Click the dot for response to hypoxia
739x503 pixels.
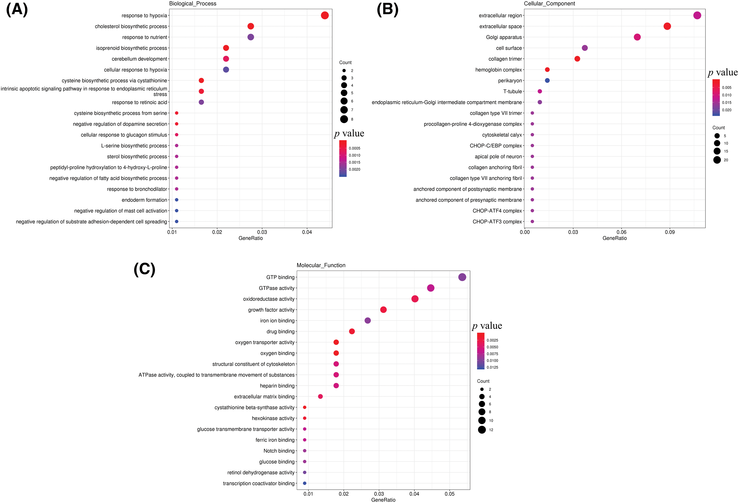(325, 15)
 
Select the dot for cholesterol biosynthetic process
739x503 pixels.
(251, 26)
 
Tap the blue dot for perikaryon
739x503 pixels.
(547, 80)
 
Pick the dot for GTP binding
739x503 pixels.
(462, 277)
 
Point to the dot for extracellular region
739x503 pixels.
(697, 15)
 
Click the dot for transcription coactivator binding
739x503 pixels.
(305, 483)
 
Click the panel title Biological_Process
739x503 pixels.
(193, 4)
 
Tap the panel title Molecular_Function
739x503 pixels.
(321, 265)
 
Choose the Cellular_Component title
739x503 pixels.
(549, 4)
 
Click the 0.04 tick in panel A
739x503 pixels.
(307, 232)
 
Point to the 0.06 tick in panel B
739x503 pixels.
(621, 232)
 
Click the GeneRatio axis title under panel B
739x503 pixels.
(614, 238)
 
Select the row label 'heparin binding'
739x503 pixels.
(277, 386)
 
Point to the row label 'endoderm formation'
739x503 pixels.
(144, 200)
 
